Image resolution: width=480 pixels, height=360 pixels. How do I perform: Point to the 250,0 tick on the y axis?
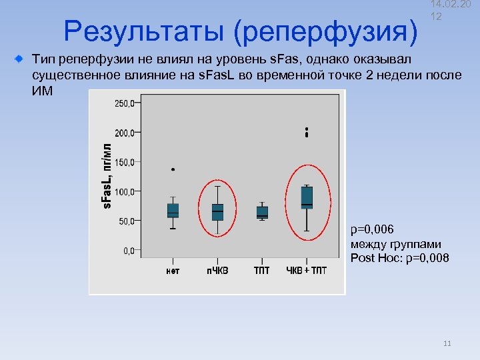tap(123, 103)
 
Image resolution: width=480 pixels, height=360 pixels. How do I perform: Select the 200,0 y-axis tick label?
tap(123, 133)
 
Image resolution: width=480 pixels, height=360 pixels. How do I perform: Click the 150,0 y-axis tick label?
tap(123, 162)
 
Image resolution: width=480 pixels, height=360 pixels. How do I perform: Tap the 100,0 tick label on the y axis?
tap(123, 191)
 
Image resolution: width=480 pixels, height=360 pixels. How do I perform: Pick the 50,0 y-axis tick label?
tap(125, 221)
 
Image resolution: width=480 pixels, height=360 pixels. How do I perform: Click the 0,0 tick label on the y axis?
tap(127, 251)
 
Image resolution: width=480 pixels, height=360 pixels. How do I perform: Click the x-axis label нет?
tap(173, 271)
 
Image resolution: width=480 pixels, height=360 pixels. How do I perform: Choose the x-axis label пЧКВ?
tap(217, 271)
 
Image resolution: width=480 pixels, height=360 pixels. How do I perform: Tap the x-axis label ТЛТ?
tap(262, 271)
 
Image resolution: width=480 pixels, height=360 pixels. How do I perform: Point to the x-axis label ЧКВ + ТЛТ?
tap(306, 271)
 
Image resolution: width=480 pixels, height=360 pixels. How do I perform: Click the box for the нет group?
tap(173, 211)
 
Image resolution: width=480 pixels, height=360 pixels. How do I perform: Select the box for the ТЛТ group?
tap(262, 213)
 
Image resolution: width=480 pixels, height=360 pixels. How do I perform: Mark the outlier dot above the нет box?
tap(173, 170)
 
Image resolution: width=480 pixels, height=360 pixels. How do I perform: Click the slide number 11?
tap(447, 344)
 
